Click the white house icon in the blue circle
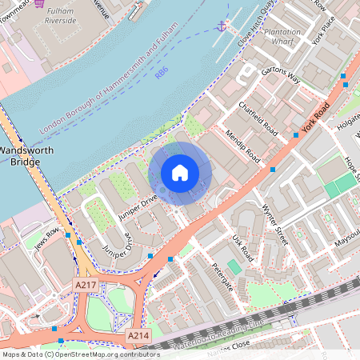[180, 173]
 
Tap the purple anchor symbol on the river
[221, 26]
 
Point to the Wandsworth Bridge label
[20, 155]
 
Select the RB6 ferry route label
[162, 73]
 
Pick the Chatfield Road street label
[256, 117]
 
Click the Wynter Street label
[274, 218]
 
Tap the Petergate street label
[222, 274]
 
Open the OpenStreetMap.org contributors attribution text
[102, 354]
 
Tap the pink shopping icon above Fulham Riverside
[39, 3]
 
